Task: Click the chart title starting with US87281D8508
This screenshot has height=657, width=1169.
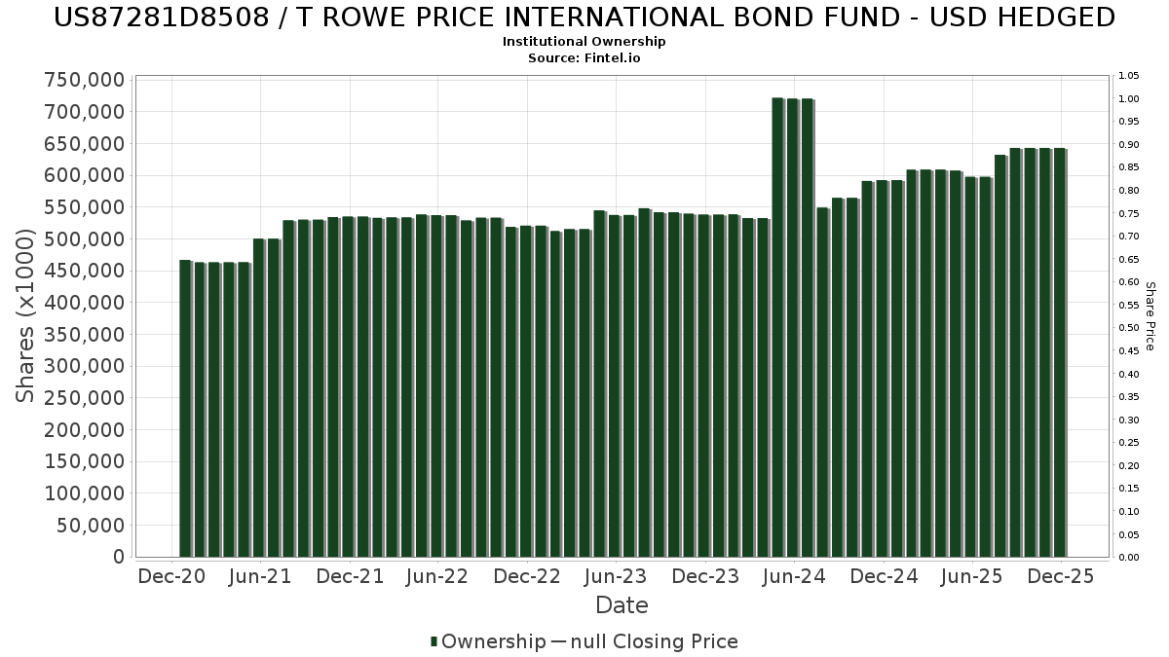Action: click(584, 18)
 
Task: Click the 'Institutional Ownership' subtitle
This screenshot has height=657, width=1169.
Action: click(584, 42)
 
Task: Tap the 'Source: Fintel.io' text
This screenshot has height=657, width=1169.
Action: click(584, 58)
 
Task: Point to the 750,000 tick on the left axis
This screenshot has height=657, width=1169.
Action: click(85, 80)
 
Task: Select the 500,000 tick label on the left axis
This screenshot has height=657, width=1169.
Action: click(85, 239)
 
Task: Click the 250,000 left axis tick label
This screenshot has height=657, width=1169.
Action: click(85, 398)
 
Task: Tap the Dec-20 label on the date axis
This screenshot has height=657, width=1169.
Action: click(171, 576)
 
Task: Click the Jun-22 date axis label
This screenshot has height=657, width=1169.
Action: click(437, 576)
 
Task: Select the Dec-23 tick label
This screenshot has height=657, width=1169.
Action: click(704, 576)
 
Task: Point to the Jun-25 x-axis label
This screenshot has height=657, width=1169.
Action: click(970, 576)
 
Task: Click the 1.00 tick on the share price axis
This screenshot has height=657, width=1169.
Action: click(1128, 99)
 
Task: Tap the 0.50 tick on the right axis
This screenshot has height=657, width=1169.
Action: click(1128, 328)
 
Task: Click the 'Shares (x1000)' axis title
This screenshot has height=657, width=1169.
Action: click(26, 316)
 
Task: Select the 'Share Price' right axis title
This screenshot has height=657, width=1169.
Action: click(1150, 316)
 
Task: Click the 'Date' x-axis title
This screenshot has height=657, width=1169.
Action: click(622, 605)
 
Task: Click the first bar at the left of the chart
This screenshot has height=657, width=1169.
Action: click(185, 409)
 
